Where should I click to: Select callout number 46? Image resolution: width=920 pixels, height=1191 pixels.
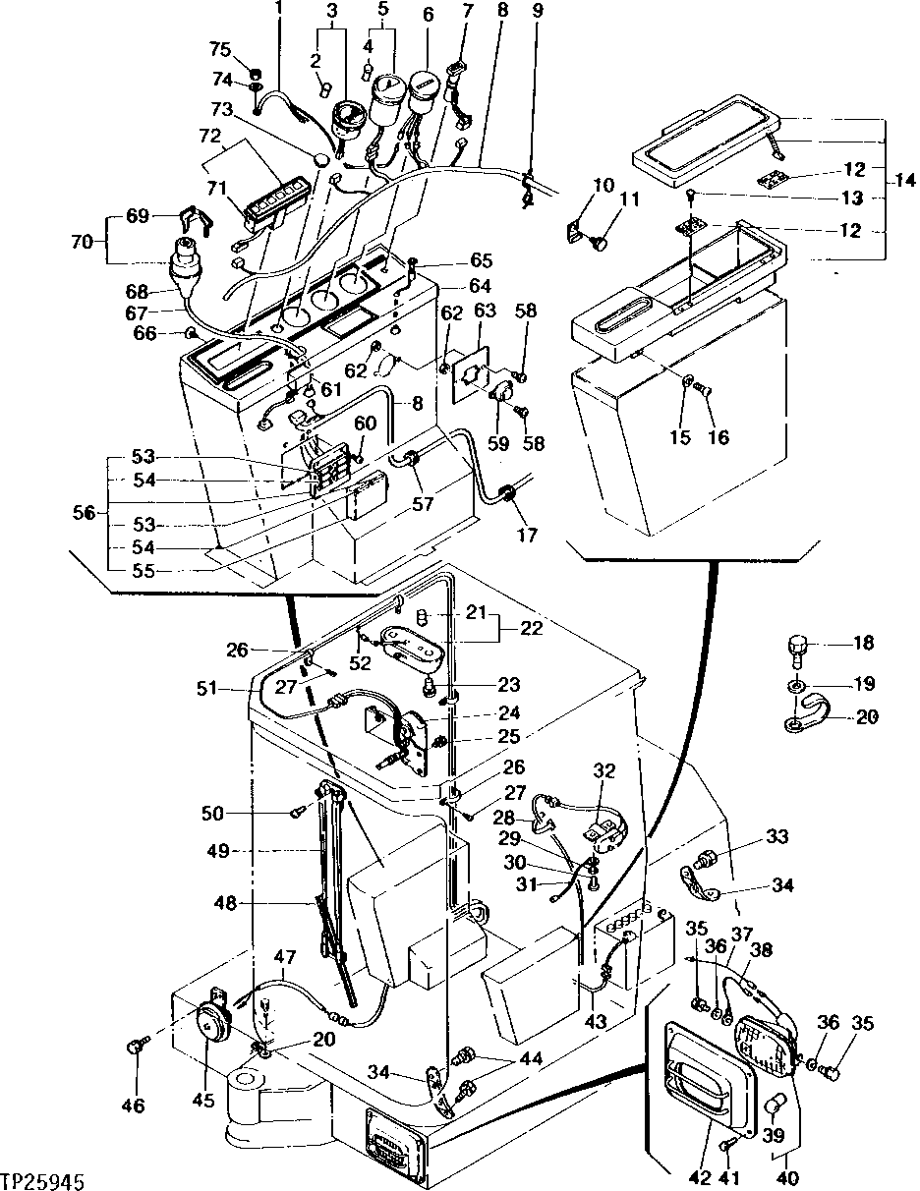click(x=133, y=1106)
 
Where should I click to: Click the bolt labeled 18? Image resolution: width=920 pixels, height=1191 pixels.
click(x=796, y=649)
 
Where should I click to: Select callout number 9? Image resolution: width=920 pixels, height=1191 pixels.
click(x=537, y=13)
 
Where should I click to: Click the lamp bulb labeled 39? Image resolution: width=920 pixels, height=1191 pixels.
click(x=774, y=1107)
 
